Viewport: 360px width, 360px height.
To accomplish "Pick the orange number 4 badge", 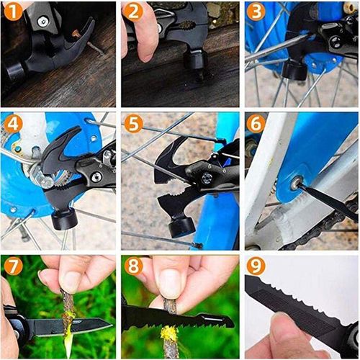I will (x=11, y=124).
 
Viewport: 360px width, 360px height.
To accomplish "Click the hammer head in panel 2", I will (x=194, y=58).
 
